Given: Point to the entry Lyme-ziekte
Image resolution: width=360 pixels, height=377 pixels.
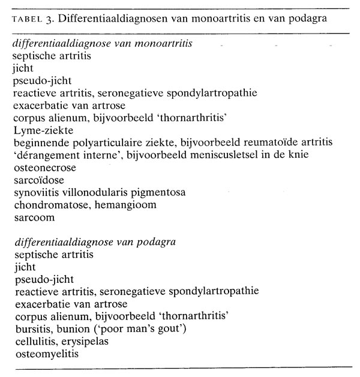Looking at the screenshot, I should pyautogui.click(x=38, y=130).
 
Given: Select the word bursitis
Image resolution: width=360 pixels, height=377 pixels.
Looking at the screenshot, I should pyautogui.click(x=31, y=328).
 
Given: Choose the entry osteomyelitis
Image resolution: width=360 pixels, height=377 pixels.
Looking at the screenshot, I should pyautogui.click(x=42, y=353).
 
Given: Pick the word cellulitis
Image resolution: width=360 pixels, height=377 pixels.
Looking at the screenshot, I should pyautogui.click(x=34, y=340).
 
